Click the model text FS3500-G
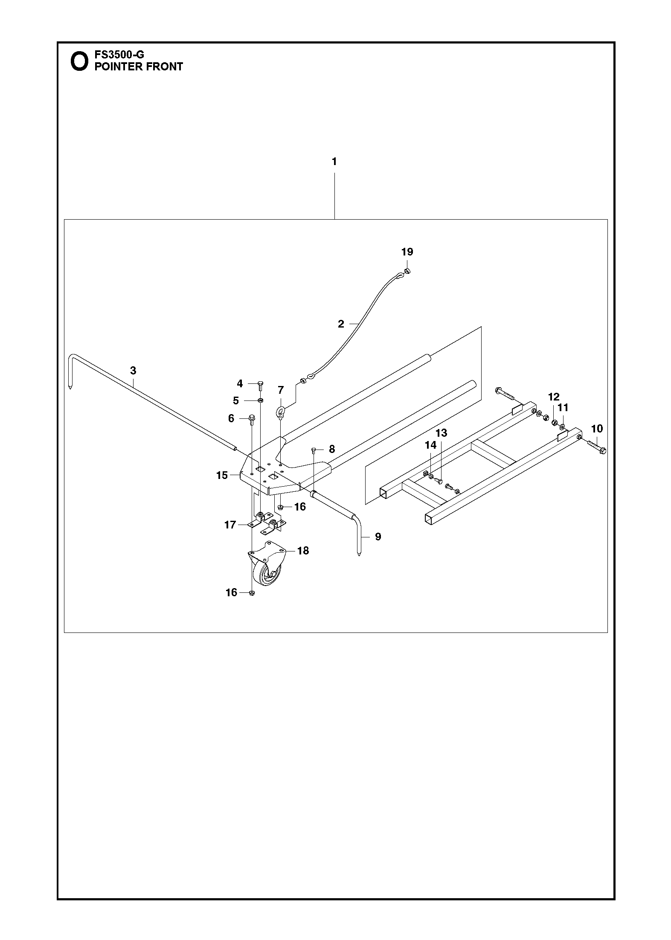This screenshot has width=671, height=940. pyautogui.click(x=119, y=55)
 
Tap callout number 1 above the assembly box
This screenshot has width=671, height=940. pyautogui.click(x=334, y=162)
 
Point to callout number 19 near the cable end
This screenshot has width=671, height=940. pyautogui.click(x=407, y=252)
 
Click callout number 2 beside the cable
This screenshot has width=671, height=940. pyautogui.click(x=341, y=324)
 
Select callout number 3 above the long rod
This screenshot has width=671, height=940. pyautogui.click(x=133, y=371)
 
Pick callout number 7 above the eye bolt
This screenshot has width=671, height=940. pyautogui.click(x=281, y=390)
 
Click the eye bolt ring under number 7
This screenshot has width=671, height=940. pyautogui.click(x=280, y=412)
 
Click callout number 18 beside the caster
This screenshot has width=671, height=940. pyautogui.click(x=303, y=551)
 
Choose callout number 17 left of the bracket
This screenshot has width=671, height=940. pyautogui.click(x=230, y=525)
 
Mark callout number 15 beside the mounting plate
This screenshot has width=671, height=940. pyautogui.click(x=222, y=475)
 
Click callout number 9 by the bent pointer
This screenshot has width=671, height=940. pyautogui.click(x=378, y=537)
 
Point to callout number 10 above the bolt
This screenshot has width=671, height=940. pyautogui.click(x=597, y=428)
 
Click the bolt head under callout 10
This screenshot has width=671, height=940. pyautogui.click(x=603, y=450)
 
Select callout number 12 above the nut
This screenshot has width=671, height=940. pyautogui.click(x=554, y=397)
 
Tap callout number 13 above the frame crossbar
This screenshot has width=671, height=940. pyautogui.click(x=441, y=433)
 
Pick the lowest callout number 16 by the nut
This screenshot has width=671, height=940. pyautogui.click(x=231, y=592)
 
